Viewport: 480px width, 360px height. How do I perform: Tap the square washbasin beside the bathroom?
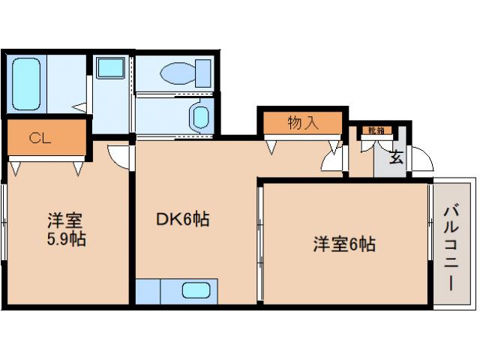point(110,67)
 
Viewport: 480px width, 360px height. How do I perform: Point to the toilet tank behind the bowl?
point(203,73)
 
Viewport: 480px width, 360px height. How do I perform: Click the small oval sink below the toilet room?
point(199,117)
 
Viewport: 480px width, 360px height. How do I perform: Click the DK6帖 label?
point(181,219)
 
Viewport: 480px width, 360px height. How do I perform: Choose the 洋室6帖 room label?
point(343,243)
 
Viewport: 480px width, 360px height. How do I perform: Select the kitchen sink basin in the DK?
point(196,290)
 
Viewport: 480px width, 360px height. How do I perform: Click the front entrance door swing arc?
point(421,160)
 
